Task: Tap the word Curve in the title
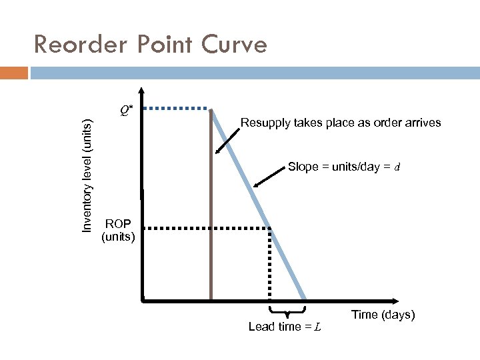(234, 45)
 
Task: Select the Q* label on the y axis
(125, 109)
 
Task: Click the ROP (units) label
(118, 229)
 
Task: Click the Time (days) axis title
(383, 315)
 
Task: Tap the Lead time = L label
(285, 327)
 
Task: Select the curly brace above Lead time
(287, 311)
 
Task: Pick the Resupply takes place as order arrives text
(341, 123)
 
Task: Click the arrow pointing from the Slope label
(269, 175)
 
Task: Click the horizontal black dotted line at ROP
(207, 229)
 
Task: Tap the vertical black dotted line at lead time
(270, 267)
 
